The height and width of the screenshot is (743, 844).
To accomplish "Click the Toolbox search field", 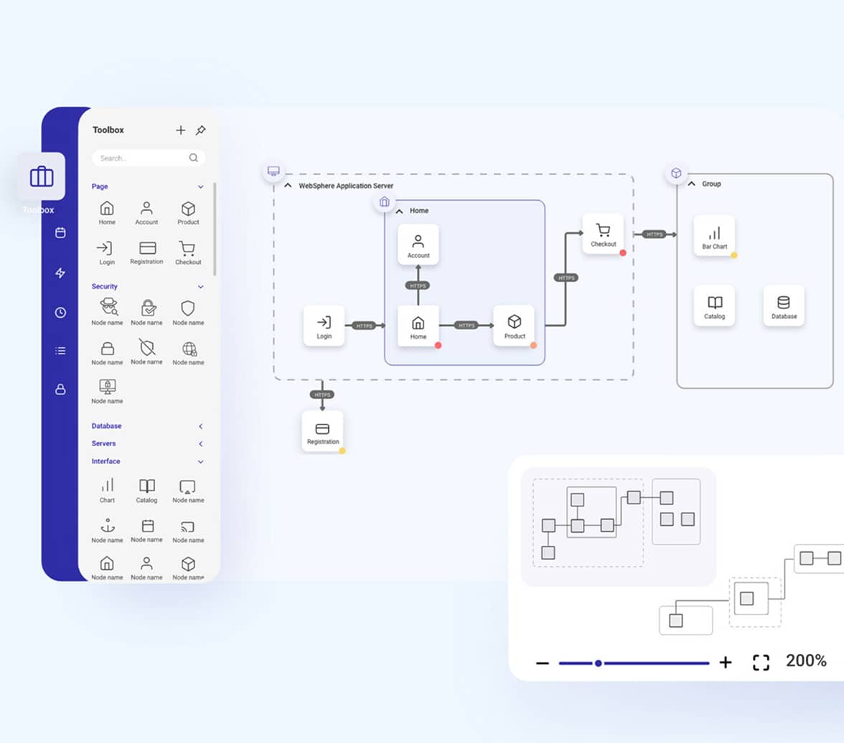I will [144, 158].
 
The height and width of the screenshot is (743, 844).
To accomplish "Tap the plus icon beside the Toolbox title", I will [181, 130].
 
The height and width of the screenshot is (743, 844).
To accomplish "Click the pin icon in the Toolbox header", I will [201, 130].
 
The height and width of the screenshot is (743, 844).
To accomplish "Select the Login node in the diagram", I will [324, 326].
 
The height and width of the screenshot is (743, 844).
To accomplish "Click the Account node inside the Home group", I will [418, 245].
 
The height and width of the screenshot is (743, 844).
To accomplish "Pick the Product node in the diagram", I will [514, 326].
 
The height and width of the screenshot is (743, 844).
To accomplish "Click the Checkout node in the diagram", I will [603, 234].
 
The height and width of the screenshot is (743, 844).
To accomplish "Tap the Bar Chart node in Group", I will [714, 236].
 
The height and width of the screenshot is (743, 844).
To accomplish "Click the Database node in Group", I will [784, 306].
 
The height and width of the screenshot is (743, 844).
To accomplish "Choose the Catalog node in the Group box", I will [714, 306].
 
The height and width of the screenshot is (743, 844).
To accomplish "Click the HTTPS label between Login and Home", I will [365, 326].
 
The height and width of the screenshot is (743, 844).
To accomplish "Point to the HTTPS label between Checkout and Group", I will [654, 235].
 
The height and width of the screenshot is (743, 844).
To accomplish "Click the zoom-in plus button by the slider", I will [726, 662].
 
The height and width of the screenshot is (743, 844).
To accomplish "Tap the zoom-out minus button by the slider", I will [543, 663].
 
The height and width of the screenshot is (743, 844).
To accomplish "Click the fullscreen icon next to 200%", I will [761, 662].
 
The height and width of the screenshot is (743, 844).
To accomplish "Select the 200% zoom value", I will [806, 661].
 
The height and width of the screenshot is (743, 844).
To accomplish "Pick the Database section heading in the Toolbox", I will [106, 426].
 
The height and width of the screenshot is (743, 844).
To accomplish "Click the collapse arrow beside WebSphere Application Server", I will [288, 185].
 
